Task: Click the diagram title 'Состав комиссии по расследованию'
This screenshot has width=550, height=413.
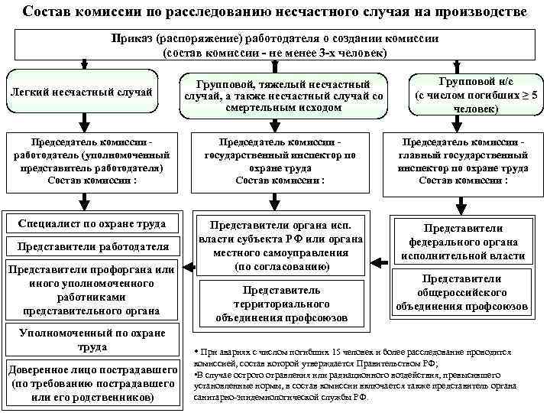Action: [274, 13]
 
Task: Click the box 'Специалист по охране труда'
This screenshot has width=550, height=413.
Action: [92, 223]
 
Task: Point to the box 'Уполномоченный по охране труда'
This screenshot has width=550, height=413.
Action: [92, 340]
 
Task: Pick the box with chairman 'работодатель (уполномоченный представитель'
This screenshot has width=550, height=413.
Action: [92, 162]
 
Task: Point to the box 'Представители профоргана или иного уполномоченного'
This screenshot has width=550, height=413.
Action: [92, 290]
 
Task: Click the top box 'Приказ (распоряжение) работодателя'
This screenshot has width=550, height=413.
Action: [274, 45]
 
